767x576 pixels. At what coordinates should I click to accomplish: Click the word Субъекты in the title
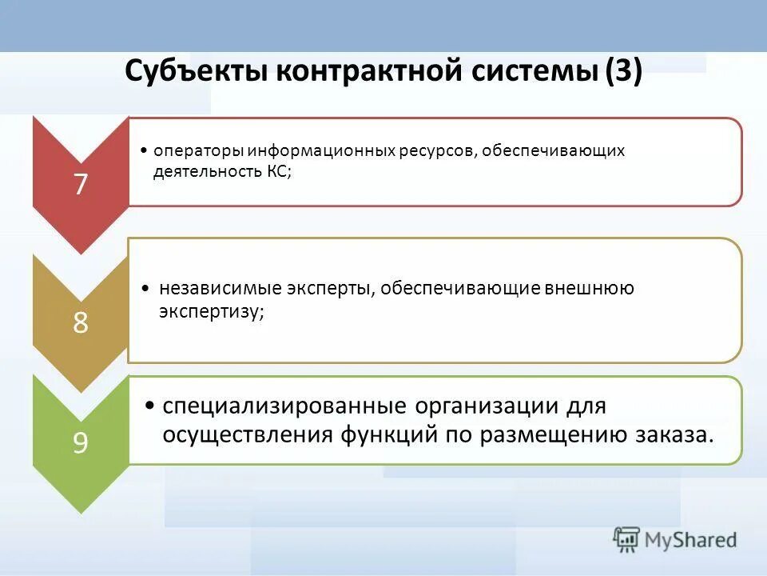pos(195,73)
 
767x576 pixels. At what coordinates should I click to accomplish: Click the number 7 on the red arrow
pos(80,184)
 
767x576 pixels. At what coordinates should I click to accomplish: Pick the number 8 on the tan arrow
pos(80,322)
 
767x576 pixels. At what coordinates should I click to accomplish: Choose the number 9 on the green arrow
pos(80,442)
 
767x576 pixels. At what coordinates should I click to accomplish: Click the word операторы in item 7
pos(198,151)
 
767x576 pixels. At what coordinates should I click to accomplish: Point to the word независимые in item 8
pos(208,288)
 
